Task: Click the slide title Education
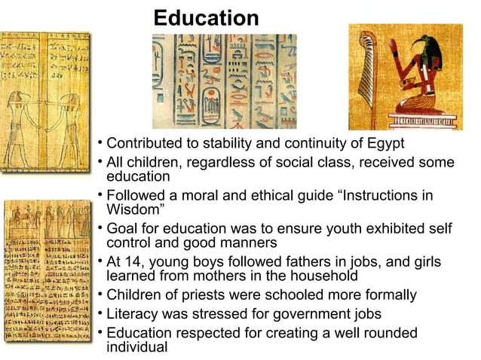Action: (206, 17)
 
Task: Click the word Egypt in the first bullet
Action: (384, 143)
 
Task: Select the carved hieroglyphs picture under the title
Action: (224, 81)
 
